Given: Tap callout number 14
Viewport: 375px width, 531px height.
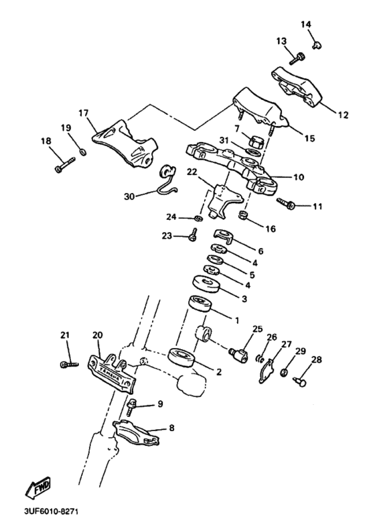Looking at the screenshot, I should click(306, 25).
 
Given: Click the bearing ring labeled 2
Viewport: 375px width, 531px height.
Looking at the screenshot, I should click(181, 357).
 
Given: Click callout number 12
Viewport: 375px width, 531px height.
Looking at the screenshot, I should click(342, 115).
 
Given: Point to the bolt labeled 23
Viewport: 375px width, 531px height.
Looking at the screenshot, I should click(193, 235).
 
